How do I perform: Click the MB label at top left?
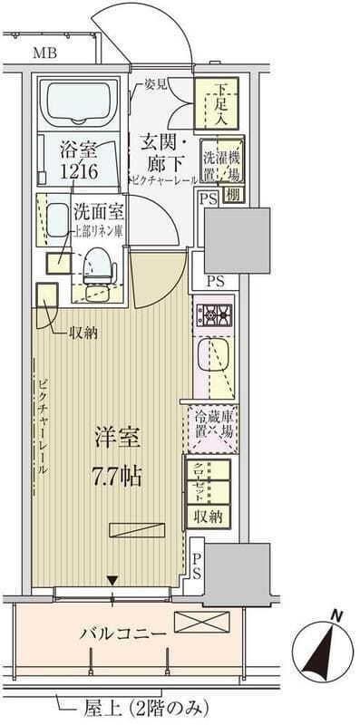44,53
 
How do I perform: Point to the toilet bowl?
98,268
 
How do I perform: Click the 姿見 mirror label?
154,85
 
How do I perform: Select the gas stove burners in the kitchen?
214,315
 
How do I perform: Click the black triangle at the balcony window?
112,580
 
